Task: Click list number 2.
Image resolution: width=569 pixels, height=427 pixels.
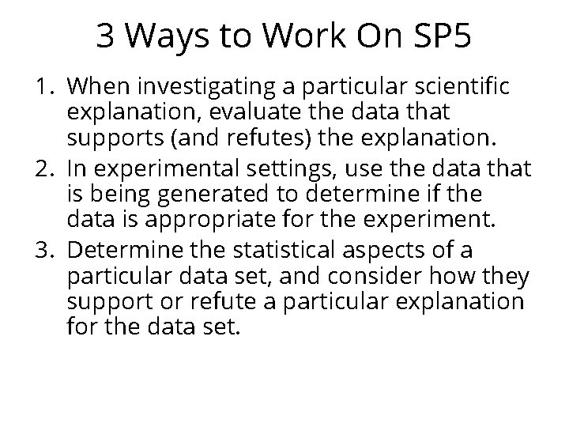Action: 47,168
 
